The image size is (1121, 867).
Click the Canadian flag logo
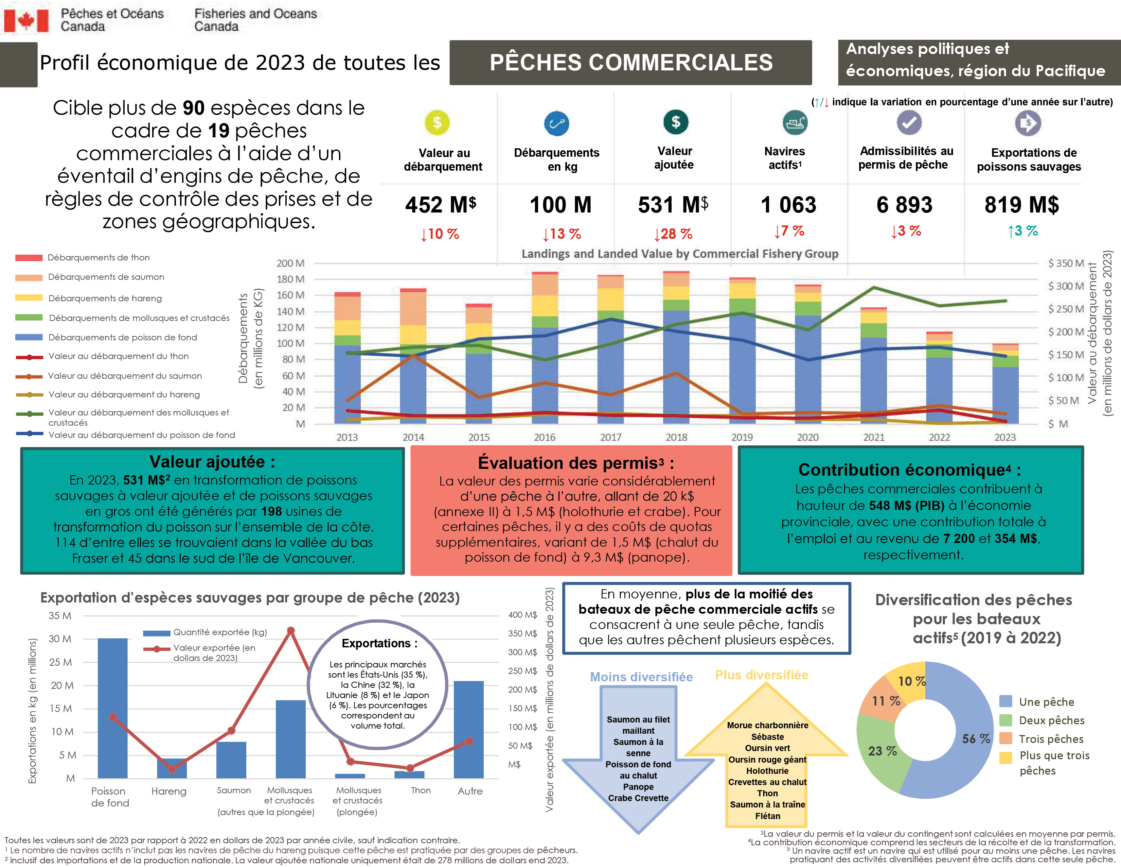[26, 20]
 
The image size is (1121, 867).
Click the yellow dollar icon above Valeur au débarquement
[437, 123]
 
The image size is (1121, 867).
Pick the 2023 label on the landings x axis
[1004, 437]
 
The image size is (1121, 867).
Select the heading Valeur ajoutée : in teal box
[212, 462]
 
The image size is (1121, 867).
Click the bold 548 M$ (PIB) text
[906, 505]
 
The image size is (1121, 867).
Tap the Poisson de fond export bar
[112, 709]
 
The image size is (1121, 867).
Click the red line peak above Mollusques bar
[290, 630]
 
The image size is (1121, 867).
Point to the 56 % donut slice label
[975, 738]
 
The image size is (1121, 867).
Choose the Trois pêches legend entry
[1050, 738]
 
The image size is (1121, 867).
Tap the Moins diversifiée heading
[641, 677]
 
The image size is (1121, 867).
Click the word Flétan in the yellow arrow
[767, 816]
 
